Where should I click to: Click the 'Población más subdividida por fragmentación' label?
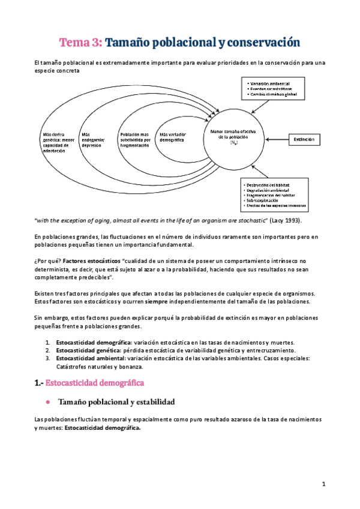(134, 139)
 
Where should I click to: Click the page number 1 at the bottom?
(323, 484)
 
